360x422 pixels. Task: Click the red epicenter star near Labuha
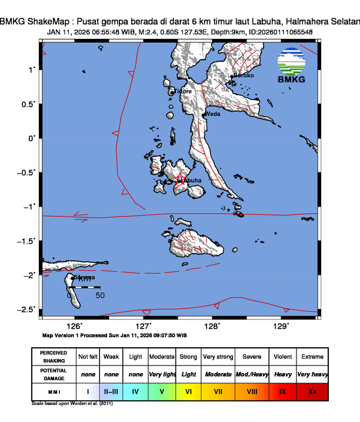pyautogui.click(x=181, y=180)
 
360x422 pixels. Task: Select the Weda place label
pyautogui.click(x=212, y=114)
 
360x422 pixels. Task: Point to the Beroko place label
pyautogui.click(x=244, y=75)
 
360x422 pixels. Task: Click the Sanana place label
pyautogui.click(x=84, y=277)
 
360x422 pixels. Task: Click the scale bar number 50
pyautogui.click(x=100, y=295)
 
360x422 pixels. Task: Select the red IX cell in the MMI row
pyautogui.click(x=282, y=391)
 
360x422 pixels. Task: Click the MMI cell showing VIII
pyautogui.click(x=252, y=391)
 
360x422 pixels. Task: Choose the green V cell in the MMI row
pyautogui.click(x=162, y=391)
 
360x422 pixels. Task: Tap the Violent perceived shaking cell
pyautogui.click(x=282, y=357)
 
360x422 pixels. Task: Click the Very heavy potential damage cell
pyautogui.click(x=312, y=374)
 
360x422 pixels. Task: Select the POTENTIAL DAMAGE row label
pyautogui.click(x=54, y=374)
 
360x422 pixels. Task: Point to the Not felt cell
pyautogui.click(x=88, y=357)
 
